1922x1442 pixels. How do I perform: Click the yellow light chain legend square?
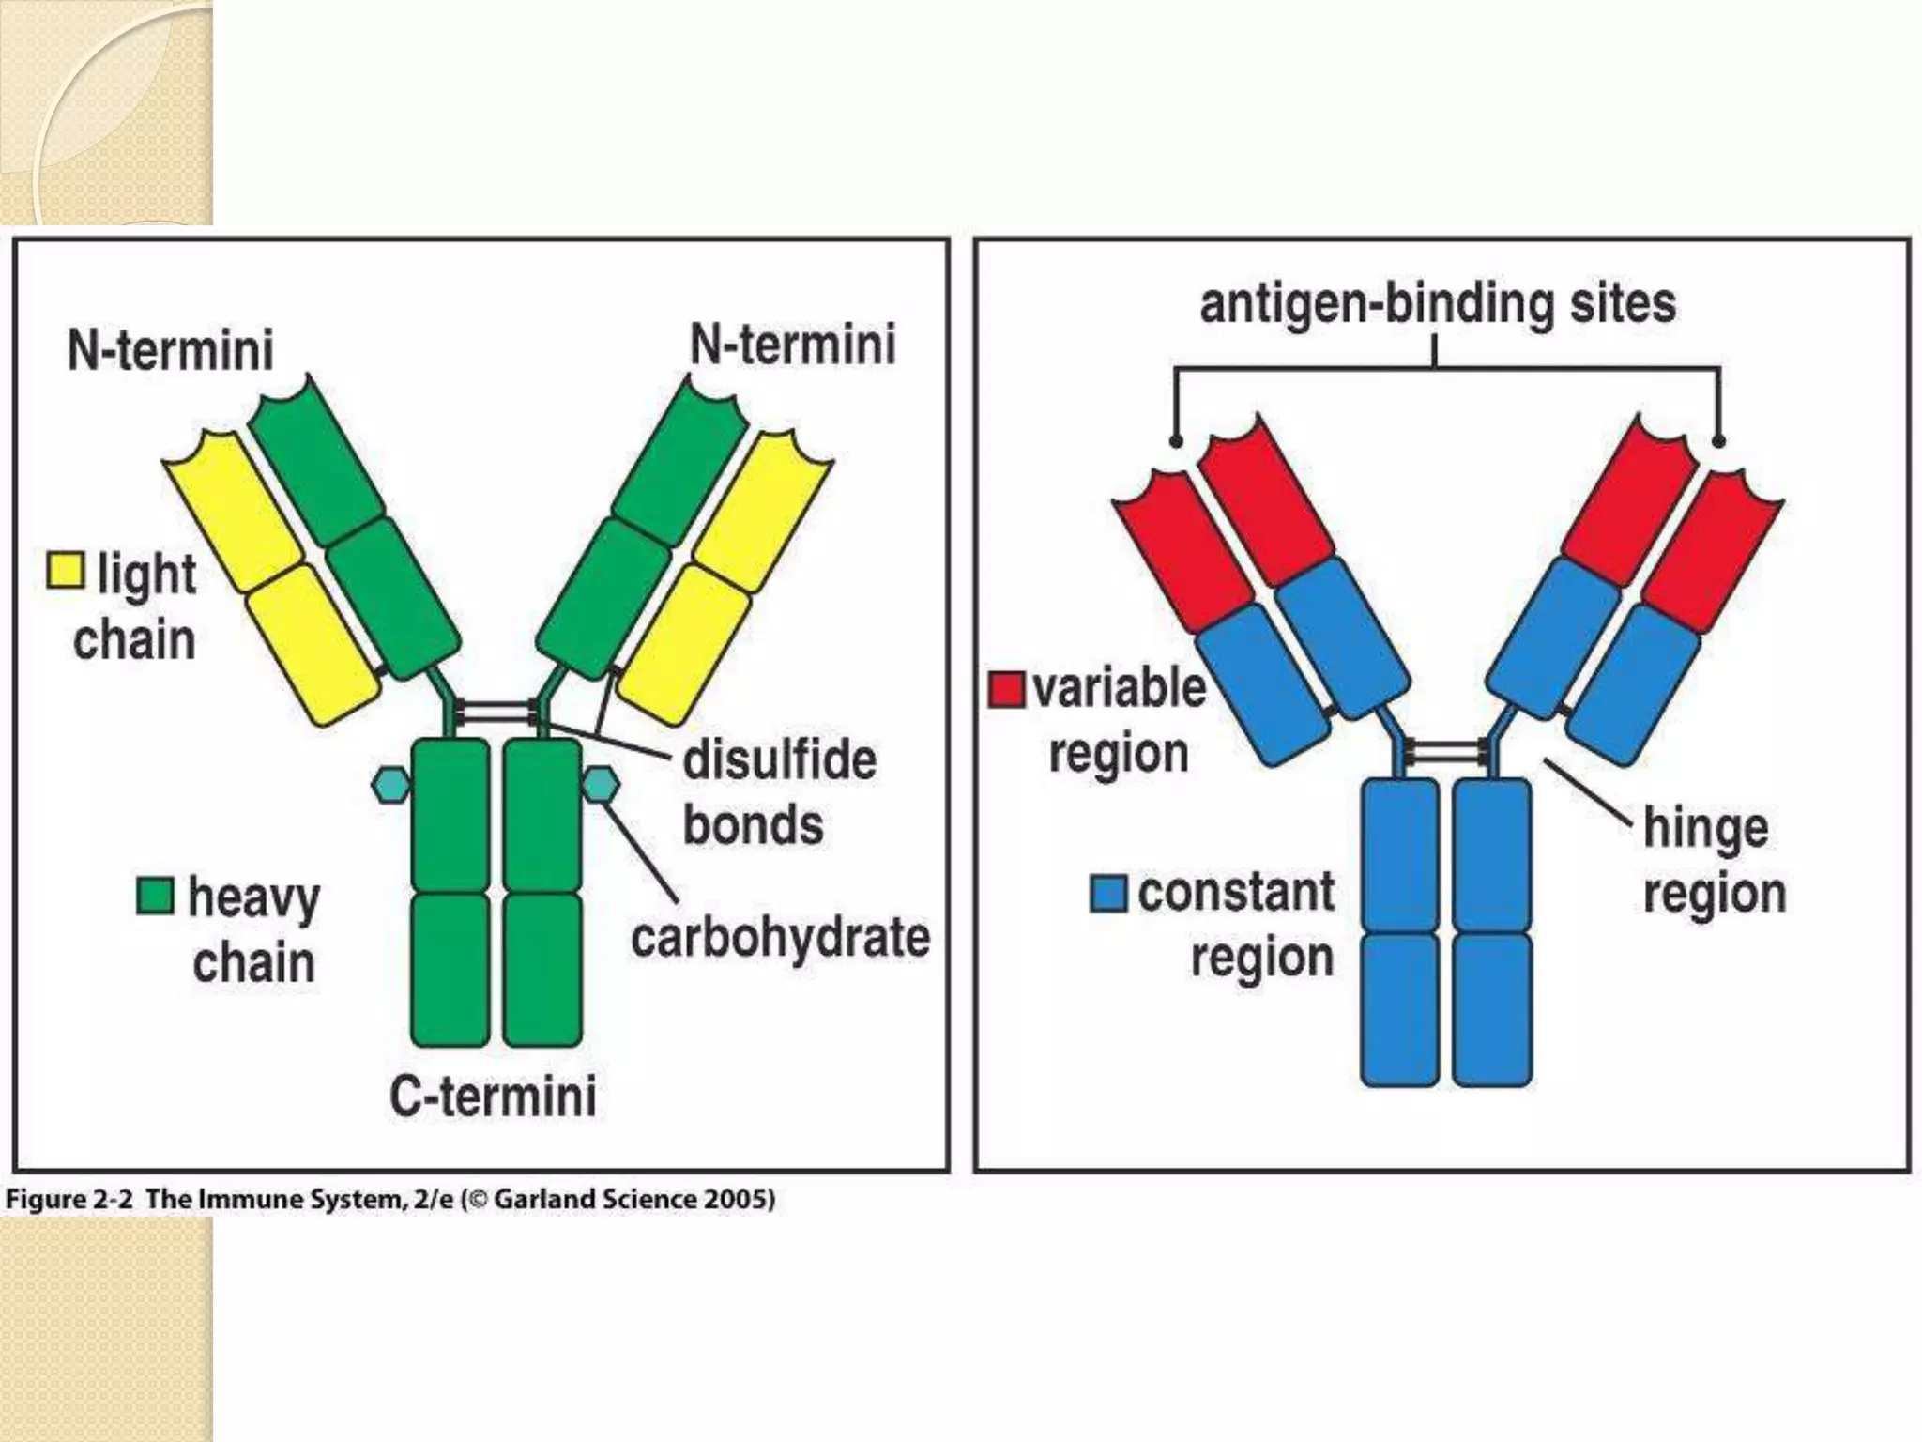click(x=66, y=570)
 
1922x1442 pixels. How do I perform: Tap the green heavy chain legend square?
click(x=155, y=896)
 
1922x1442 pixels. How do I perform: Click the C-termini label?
click(x=493, y=1096)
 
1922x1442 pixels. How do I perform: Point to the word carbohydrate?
click(x=780, y=937)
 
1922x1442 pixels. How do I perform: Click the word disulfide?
click(x=779, y=759)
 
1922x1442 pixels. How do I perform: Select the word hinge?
click(x=1705, y=828)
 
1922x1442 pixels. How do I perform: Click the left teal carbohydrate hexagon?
click(x=390, y=785)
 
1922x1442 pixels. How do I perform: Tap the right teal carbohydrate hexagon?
click(x=601, y=785)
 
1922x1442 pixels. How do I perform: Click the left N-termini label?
click(x=171, y=350)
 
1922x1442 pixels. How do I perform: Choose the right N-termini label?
click(x=793, y=345)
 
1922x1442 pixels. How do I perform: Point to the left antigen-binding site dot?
click(x=1176, y=441)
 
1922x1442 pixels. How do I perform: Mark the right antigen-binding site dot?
click(x=1718, y=441)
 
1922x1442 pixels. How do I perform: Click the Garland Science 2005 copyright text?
click(x=633, y=1200)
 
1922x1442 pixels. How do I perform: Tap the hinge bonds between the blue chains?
click(x=1446, y=751)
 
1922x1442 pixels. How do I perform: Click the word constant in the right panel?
click(x=1236, y=892)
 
